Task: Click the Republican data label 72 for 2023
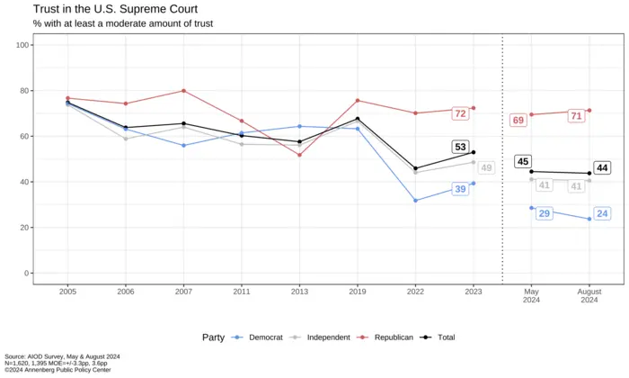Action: (460, 114)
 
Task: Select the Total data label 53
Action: (460, 147)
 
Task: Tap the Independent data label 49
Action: (485, 168)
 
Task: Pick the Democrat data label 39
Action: (460, 189)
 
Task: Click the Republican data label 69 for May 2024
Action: (518, 121)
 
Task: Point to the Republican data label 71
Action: (576, 115)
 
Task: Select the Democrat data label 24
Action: (602, 213)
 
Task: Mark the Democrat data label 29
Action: (545, 213)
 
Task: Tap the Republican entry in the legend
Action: (387, 337)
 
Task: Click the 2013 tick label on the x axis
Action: (299, 292)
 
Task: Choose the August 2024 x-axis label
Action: (589, 296)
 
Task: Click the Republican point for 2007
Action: (183, 91)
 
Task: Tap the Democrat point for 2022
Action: (415, 201)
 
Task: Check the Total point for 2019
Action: (358, 119)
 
